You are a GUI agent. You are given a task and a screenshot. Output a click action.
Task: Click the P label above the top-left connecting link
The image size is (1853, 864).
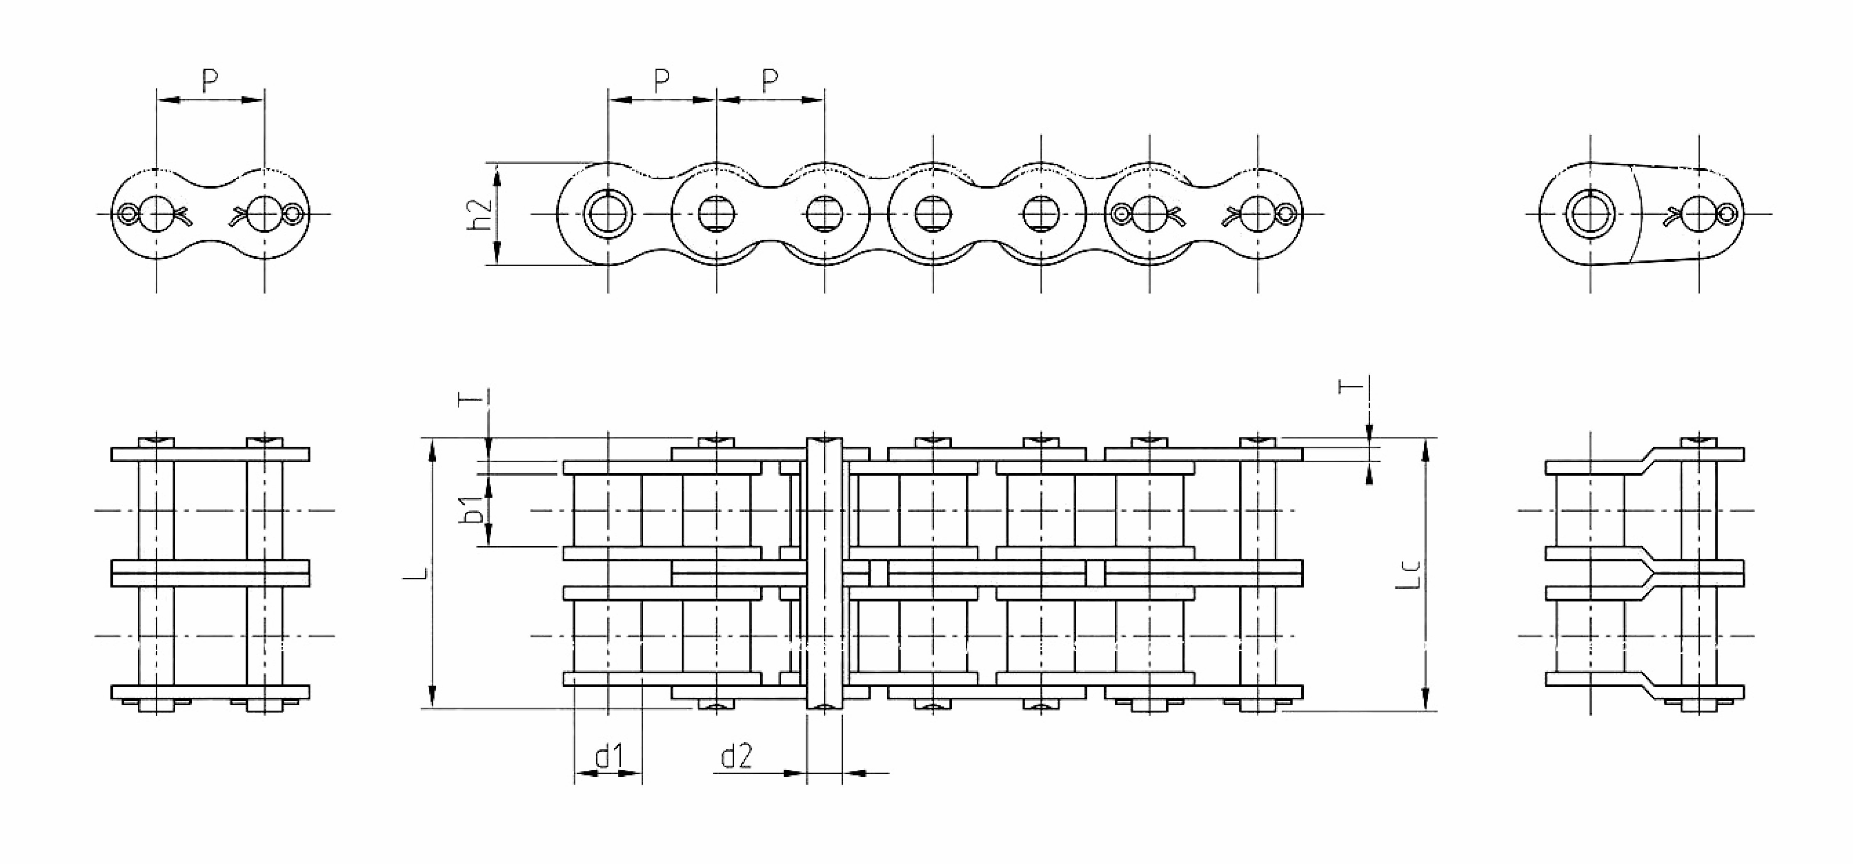pos(209,81)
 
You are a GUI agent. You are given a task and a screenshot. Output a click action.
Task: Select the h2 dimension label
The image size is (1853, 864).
pos(480,214)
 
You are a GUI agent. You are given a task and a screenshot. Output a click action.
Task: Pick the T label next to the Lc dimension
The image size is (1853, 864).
pos(1350,386)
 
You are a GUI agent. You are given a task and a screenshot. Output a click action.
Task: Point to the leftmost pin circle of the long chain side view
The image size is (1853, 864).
pos(609,214)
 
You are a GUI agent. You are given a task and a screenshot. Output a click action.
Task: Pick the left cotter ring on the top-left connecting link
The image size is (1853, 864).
pos(128,214)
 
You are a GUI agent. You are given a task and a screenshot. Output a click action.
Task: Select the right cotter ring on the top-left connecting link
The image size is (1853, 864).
pos(294,214)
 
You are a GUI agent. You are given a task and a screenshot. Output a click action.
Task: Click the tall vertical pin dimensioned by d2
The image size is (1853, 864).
pos(824,573)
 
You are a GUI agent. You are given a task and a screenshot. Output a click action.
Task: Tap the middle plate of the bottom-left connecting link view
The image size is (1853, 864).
pos(210,573)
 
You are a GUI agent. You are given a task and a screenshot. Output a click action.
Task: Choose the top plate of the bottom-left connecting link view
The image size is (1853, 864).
pos(210,454)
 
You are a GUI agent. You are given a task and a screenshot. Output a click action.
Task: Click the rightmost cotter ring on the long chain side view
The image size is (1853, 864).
pos(1287,213)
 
